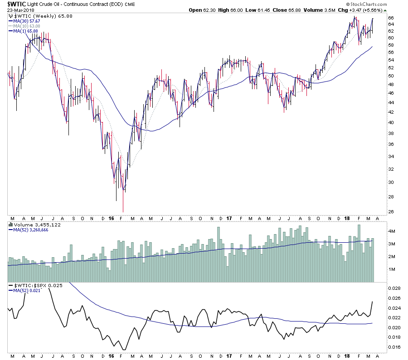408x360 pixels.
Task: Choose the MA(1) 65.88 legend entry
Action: click(x=24, y=31)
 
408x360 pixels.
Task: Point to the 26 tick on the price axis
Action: click(x=390, y=211)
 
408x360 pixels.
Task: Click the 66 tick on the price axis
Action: click(x=390, y=18)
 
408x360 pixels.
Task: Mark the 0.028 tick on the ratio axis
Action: click(x=393, y=288)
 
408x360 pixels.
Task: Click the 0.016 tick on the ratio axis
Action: click(x=393, y=347)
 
